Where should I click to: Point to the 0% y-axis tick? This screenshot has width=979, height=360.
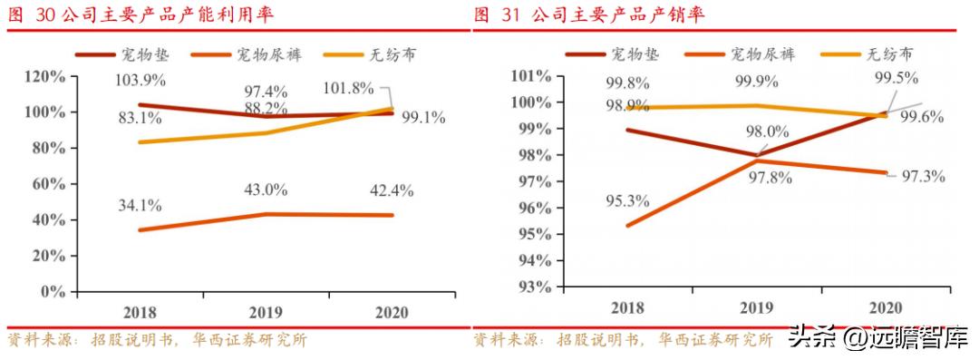54,292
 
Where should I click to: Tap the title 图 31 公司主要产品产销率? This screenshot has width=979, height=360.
589,15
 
